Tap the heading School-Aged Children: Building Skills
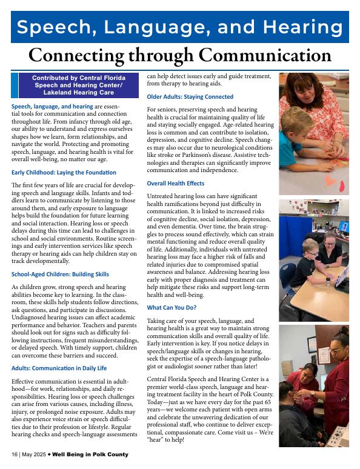(60, 274)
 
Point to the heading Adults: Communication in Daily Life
(59, 368)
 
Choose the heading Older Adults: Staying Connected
(190, 97)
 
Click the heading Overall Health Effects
(176, 183)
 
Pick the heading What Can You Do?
(172, 308)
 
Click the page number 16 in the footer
(14, 454)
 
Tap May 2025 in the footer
(35, 454)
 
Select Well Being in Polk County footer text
(93, 454)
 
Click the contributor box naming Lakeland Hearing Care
(77, 86)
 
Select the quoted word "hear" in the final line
(157, 439)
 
